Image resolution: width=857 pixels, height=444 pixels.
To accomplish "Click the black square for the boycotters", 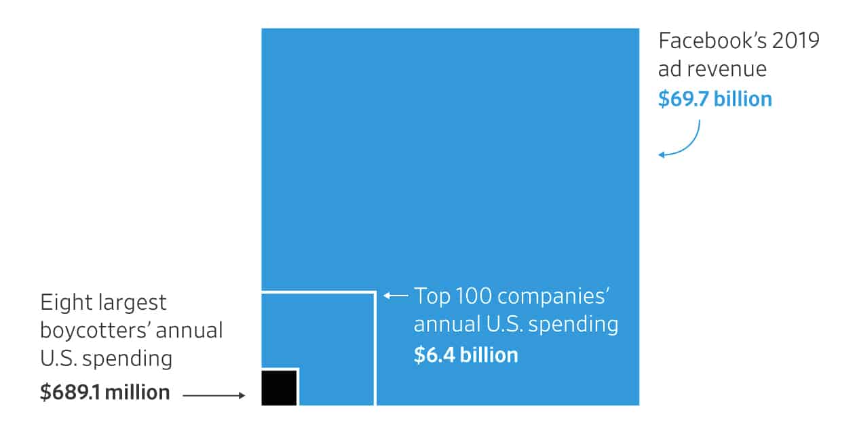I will (x=279, y=388).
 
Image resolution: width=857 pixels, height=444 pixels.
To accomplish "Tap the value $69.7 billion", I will (x=715, y=99).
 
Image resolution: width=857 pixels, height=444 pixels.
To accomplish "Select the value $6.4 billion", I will (x=465, y=355).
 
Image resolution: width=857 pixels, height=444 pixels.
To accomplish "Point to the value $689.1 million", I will (x=104, y=392).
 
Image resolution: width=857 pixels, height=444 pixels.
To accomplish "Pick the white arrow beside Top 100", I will (x=396, y=296).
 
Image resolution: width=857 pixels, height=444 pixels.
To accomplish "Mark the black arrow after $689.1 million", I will (x=213, y=395).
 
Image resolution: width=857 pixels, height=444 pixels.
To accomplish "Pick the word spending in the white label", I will (x=573, y=325).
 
